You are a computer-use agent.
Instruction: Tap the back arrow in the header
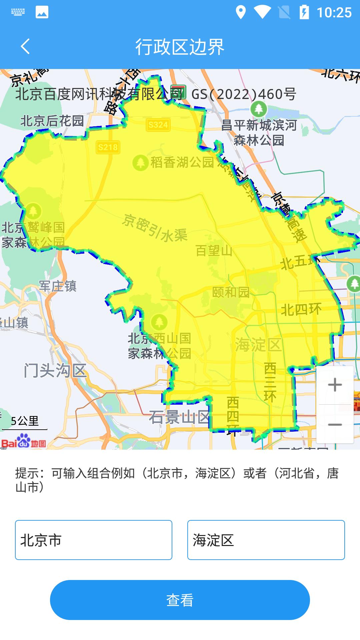(x=25, y=46)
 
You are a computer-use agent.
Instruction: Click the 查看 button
(x=180, y=600)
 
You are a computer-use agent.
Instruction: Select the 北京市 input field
(x=93, y=540)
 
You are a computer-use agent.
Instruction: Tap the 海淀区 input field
(x=266, y=540)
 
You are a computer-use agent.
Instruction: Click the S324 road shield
(x=158, y=125)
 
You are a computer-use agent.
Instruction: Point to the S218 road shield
(x=108, y=147)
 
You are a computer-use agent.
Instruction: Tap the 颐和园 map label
(x=231, y=292)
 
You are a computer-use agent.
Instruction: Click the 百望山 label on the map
(x=214, y=250)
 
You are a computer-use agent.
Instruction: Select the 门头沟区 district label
(x=55, y=371)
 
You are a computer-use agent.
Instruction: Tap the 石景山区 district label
(x=179, y=417)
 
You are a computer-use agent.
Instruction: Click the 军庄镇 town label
(x=58, y=286)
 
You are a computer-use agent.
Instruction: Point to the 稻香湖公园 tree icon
(x=140, y=163)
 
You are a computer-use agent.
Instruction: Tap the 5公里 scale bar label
(x=25, y=421)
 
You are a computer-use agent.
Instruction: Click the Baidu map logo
(x=23, y=441)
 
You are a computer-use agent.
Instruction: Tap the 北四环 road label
(x=301, y=310)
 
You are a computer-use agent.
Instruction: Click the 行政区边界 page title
(x=180, y=47)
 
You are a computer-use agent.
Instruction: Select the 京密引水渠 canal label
(x=155, y=228)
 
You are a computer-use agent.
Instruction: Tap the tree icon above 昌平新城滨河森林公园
(x=259, y=109)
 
